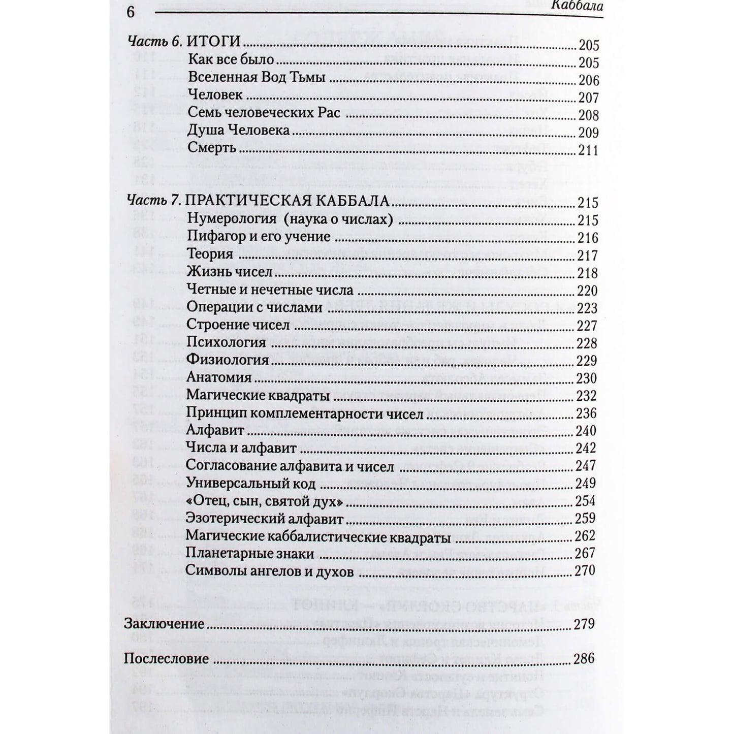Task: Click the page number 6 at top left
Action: click(131, 12)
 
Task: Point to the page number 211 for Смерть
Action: click(588, 150)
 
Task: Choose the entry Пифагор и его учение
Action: click(259, 236)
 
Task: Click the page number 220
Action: click(588, 291)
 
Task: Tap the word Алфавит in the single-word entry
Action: click(215, 430)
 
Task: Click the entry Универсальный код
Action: click(251, 483)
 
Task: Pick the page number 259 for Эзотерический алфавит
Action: click(585, 519)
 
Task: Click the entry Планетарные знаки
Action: click(250, 553)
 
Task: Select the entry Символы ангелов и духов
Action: click(269, 570)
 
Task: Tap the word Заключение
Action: click(164, 624)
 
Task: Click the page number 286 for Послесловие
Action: click(583, 659)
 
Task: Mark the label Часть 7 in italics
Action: click(152, 201)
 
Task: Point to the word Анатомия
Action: click(219, 377)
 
